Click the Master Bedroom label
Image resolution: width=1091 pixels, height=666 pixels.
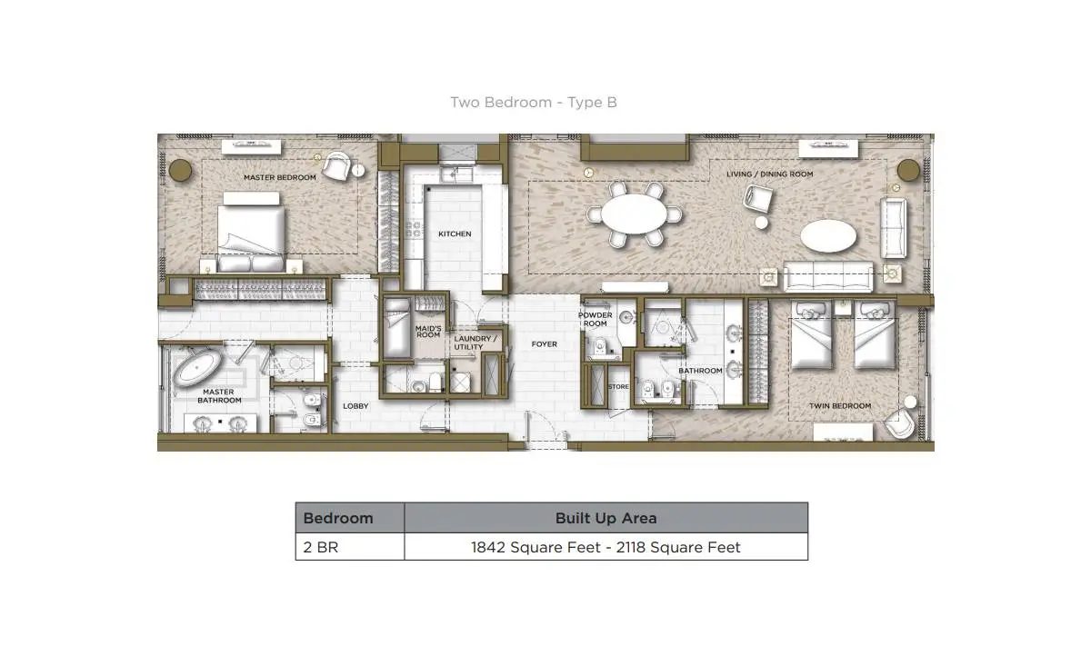(x=280, y=178)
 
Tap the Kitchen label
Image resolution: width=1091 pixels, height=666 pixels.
(x=455, y=234)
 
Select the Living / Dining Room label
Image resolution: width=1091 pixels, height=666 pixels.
(x=769, y=174)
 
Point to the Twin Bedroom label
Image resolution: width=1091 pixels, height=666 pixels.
(x=840, y=406)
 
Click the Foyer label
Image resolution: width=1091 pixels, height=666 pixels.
(x=544, y=344)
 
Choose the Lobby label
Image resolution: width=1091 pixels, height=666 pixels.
(x=355, y=406)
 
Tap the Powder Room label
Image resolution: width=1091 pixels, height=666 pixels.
(x=595, y=319)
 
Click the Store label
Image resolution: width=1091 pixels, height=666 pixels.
(x=618, y=386)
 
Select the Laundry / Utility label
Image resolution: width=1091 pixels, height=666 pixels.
(x=475, y=343)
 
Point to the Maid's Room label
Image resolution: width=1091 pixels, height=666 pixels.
(x=428, y=332)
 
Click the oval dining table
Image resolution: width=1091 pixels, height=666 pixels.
(x=635, y=214)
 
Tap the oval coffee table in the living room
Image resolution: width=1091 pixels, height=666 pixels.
(x=828, y=236)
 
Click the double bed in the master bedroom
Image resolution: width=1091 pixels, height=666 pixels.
(x=251, y=234)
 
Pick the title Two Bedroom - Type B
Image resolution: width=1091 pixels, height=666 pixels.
(x=534, y=103)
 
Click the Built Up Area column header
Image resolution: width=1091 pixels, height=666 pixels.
(x=606, y=518)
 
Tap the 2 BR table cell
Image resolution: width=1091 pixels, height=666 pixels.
(x=320, y=547)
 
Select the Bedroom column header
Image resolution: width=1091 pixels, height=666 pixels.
(x=338, y=518)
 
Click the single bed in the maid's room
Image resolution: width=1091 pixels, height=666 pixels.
(x=397, y=328)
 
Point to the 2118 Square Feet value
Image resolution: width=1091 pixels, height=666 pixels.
(x=678, y=548)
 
